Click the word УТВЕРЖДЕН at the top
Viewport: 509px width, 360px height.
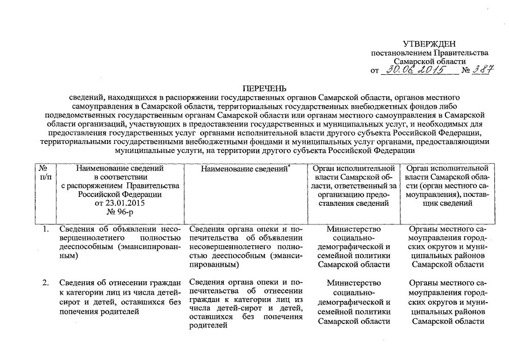(429, 44)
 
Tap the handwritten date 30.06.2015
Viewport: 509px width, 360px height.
(417, 70)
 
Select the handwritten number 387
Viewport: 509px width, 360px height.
(482, 70)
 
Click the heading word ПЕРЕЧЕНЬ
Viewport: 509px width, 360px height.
(264, 88)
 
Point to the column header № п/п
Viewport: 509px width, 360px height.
(44, 172)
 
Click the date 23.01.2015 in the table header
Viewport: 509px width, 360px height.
(120, 203)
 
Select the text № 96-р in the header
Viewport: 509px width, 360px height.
(120, 212)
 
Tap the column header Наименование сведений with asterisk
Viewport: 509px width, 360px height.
(241, 168)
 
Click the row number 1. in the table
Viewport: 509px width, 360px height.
(45, 229)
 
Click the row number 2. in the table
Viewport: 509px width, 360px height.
(45, 282)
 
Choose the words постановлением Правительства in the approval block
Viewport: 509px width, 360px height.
(430, 52)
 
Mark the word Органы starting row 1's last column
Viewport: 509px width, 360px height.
(424, 229)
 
